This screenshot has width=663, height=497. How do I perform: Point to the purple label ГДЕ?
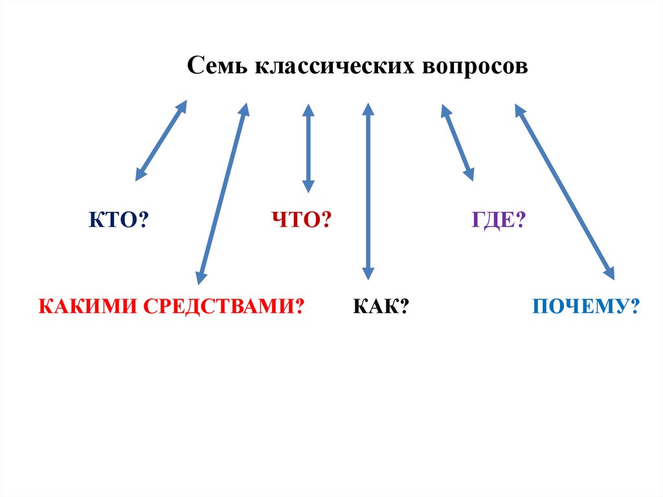(497, 220)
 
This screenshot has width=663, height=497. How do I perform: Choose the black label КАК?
(381, 305)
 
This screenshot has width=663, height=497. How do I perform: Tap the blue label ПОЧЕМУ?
(585, 305)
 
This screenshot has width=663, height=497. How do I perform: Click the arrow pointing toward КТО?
(161, 140)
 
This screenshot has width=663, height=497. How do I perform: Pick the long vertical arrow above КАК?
(368, 191)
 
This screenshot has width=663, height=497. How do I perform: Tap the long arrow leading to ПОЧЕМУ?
(565, 192)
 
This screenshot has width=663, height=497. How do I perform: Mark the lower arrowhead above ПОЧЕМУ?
(611, 273)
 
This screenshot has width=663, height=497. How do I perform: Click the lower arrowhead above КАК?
(368, 274)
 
